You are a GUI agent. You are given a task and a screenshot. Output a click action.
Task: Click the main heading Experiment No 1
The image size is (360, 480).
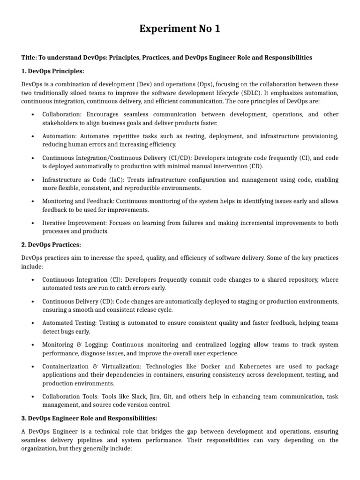point(180,29)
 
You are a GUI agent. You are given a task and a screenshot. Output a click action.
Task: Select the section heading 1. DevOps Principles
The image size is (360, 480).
point(52,71)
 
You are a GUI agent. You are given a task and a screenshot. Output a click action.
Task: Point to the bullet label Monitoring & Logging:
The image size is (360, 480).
point(75,345)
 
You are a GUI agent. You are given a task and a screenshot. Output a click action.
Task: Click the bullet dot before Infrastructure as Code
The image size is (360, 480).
point(32,180)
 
